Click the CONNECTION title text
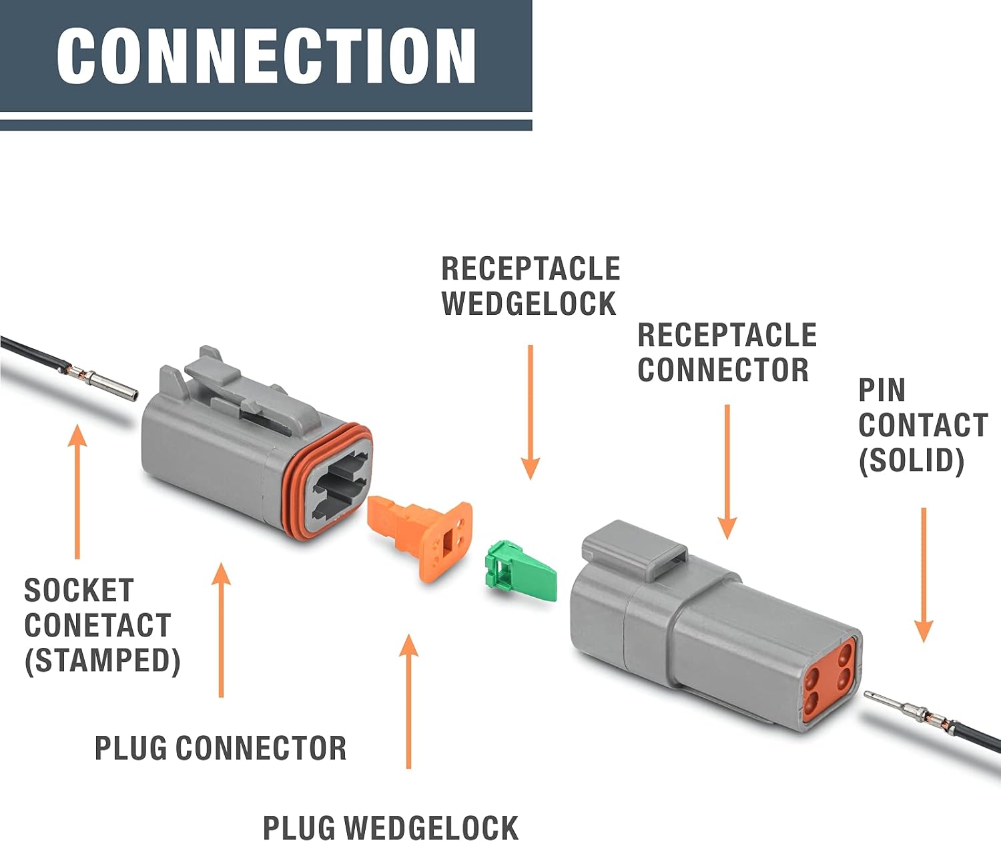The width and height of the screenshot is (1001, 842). (x=266, y=56)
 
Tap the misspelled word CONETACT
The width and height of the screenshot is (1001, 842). (x=97, y=625)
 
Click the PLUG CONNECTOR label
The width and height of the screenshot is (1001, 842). (x=220, y=748)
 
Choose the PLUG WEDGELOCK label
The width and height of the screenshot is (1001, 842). (x=390, y=827)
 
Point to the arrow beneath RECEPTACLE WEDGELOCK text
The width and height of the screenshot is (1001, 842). (x=531, y=412)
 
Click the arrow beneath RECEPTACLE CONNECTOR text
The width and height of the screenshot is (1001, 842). (x=727, y=472)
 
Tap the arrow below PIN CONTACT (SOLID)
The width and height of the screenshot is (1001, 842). (x=924, y=575)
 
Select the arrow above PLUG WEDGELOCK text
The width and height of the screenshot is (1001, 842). (x=408, y=701)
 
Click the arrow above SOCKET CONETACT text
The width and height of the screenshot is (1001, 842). (x=77, y=491)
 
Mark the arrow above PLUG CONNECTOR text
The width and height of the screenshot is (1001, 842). (x=221, y=630)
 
